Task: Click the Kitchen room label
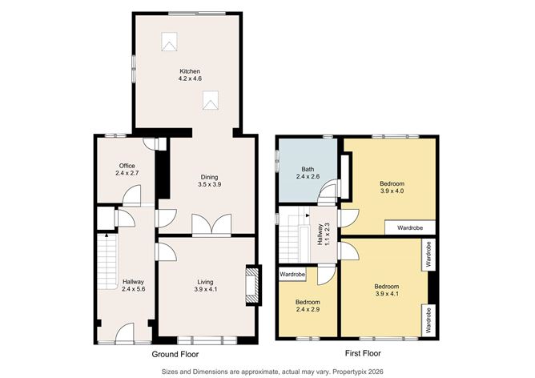coord(189,72)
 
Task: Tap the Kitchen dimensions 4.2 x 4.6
coord(189,79)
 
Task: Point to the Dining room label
coord(209,177)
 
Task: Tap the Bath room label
coord(308,169)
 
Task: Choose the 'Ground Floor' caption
coord(176,353)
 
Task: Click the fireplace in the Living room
coord(253,284)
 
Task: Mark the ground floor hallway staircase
coord(105,265)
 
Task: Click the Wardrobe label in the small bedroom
coord(293,275)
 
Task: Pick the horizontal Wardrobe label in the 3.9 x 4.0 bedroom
coord(409,227)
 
